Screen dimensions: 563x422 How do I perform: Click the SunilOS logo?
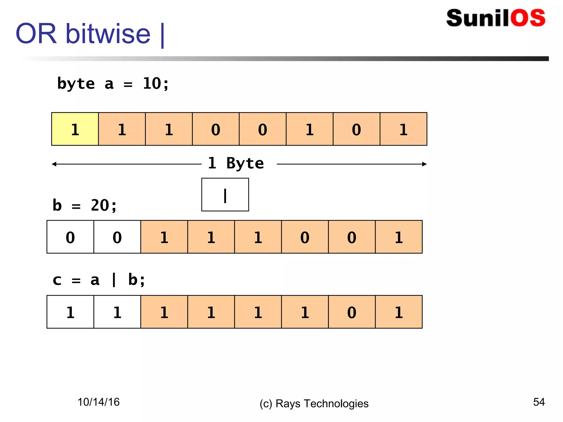[x=496, y=18]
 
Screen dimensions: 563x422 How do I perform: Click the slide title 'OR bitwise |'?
[x=90, y=34]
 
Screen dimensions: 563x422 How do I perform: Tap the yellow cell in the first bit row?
[x=75, y=129]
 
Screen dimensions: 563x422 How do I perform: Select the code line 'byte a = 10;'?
[x=113, y=84]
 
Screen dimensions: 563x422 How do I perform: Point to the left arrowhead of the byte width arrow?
[x=54, y=164]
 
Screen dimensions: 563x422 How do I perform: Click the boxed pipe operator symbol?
[x=225, y=195]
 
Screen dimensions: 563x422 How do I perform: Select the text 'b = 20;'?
[x=85, y=206]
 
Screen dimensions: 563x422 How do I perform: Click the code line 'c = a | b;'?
[x=98, y=280]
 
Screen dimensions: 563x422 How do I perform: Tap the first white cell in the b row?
[x=70, y=237]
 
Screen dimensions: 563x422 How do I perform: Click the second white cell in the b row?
[x=117, y=237]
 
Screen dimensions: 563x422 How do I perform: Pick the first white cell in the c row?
[x=70, y=312]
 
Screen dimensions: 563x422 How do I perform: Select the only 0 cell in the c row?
[x=352, y=312]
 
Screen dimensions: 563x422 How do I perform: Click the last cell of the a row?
[x=403, y=129]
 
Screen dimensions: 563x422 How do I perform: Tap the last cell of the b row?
[x=399, y=237]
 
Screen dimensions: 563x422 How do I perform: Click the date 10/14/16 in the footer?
[x=98, y=402]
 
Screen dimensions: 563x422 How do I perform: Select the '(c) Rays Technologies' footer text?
[x=314, y=404]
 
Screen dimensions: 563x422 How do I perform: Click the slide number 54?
[x=539, y=402]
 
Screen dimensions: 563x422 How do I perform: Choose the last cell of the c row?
[x=399, y=312]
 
